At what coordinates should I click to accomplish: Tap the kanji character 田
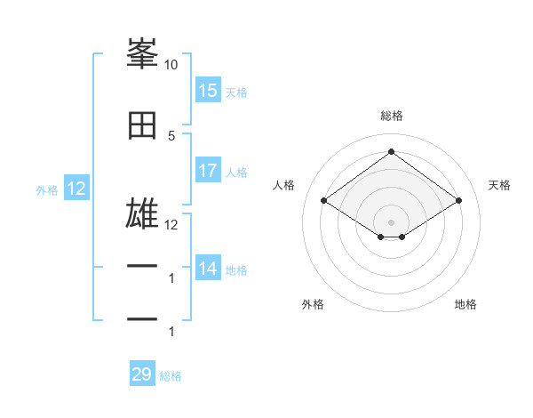pos(142,126)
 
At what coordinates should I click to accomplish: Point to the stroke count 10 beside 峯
pos(171,65)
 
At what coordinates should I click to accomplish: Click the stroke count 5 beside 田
pos(171,135)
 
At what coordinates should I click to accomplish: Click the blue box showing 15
pos(208,91)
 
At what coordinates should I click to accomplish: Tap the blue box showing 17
pos(208,171)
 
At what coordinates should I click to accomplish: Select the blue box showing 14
pos(208,268)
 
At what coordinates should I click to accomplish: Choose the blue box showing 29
pos(142,374)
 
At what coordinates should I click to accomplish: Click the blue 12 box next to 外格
pos(76,189)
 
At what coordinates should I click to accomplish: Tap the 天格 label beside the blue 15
pos(236,92)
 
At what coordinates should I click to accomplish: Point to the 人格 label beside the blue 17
pos(236,172)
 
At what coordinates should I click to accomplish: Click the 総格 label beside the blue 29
pos(171,375)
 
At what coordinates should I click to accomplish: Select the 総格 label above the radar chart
pos(391,116)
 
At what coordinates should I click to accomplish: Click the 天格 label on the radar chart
pos(499,185)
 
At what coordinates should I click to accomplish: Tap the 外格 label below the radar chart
pos(313,304)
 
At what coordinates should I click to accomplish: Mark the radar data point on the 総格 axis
pos(391,152)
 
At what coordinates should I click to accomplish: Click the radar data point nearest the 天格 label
pos(458,201)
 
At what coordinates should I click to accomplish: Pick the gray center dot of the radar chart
pos(391,221)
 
